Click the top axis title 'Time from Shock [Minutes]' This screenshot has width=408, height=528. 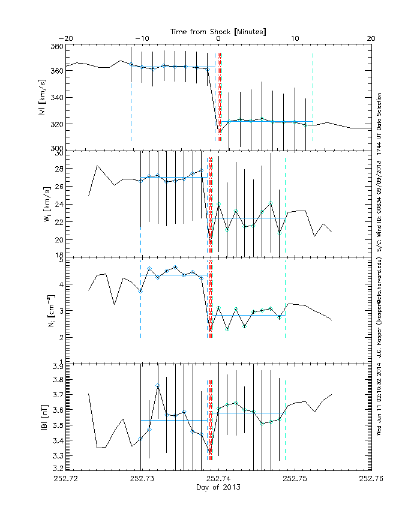coord(218,31)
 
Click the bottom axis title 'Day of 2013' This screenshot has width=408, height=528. coord(218,487)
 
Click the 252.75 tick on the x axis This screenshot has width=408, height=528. coord(295,479)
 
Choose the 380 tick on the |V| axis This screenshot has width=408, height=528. coord(56,47)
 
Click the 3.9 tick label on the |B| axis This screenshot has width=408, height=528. coord(56,365)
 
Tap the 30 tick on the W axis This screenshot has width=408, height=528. coord(58,152)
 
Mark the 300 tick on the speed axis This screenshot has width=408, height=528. coord(56,148)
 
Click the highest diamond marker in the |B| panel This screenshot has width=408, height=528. coord(158,385)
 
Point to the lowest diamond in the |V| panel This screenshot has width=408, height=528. coord(219,131)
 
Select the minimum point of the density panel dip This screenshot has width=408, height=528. coord(210,329)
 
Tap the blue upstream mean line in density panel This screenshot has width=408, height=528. coord(174,275)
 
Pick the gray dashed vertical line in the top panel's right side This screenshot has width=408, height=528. coord(313,96)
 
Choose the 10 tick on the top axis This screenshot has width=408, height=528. coord(295,39)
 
